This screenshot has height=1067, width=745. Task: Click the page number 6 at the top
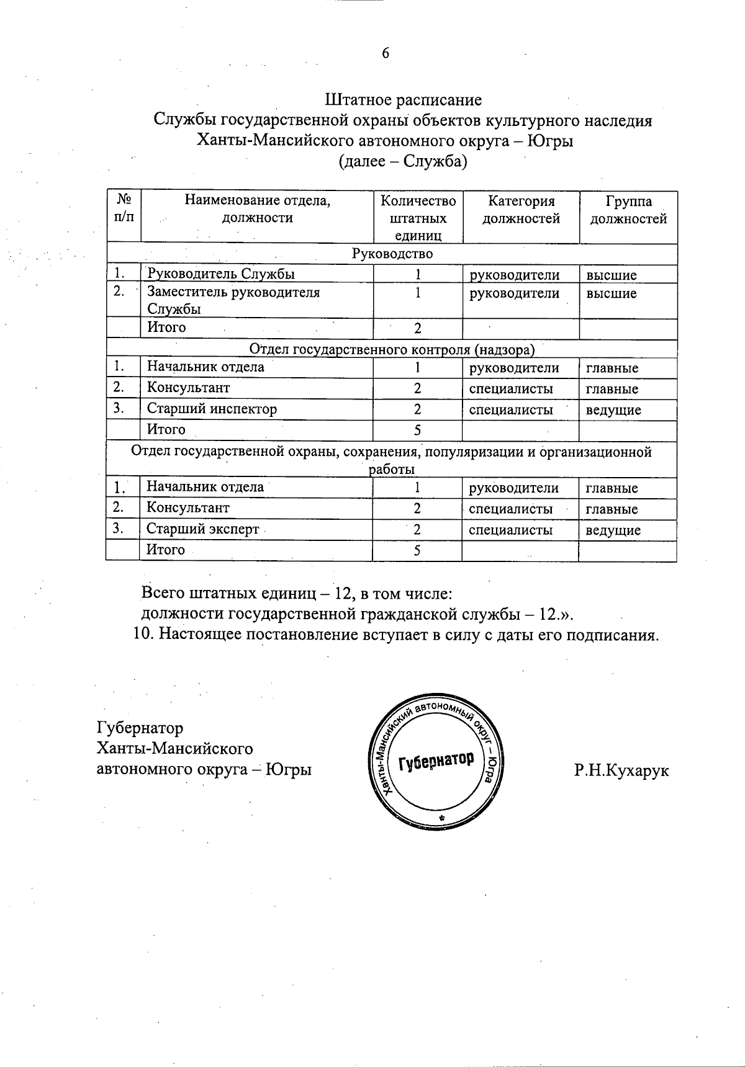click(385, 53)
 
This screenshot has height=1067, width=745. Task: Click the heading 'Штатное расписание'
click(403, 99)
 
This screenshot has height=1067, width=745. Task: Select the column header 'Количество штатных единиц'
click(418, 218)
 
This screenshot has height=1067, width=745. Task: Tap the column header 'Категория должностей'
click(521, 210)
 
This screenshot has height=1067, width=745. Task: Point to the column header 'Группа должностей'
click(628, 210)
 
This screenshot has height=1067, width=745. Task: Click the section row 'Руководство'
click(392, 254)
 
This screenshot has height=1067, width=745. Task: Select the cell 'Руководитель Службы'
click(220, 274)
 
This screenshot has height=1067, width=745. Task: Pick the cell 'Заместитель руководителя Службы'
click(233, 300)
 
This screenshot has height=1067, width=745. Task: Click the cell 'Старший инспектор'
click(212, 409)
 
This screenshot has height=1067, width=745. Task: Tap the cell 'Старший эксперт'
click(202, 530)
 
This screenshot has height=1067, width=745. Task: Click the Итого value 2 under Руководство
click(418, 328)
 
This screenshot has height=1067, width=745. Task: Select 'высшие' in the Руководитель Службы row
click(612, 275)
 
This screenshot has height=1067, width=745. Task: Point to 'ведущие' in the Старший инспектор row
click(613, 410)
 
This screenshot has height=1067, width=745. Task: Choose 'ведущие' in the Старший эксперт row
click(613, 530)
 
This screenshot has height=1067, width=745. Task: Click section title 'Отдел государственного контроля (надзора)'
click(392, 350)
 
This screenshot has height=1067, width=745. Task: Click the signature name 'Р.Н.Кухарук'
click(621, 770)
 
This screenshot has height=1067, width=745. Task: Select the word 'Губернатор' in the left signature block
click(140, 727)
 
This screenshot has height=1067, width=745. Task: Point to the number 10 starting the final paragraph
click(144, 635)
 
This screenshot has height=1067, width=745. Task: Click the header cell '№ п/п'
click(123, 208)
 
